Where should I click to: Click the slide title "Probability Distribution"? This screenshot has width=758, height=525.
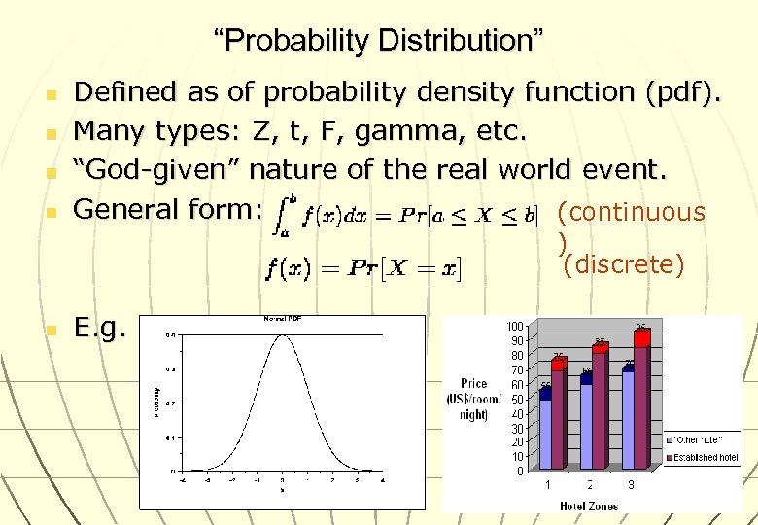[379, 41]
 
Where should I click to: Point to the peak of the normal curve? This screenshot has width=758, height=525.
[282, 335]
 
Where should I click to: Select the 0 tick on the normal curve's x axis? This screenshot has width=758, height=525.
[281, 479]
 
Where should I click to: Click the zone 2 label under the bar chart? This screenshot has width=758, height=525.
[589, 484]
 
